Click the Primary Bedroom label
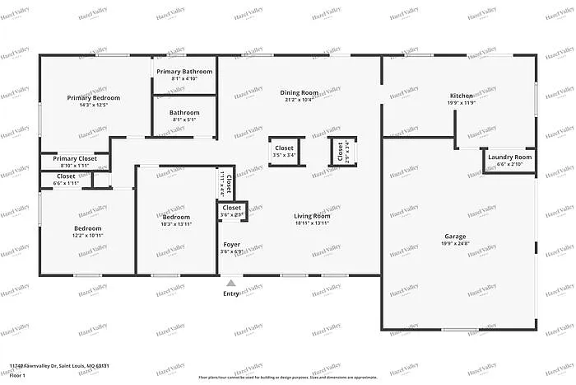[93, 97]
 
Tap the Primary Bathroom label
[184, 72]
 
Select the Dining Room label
[300, 93]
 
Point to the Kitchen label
[461, 96]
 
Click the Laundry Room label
[509, 157]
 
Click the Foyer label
[232, 245]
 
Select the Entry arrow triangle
[231, 283]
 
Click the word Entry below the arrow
[232, 293]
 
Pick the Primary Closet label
[75, 158]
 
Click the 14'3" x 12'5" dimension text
[93, 105]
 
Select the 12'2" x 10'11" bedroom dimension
[88, 236]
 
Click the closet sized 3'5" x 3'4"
[284, 152]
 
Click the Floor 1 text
[18, 375]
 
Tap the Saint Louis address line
[59, 365]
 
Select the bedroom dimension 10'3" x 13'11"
[176, 224]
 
